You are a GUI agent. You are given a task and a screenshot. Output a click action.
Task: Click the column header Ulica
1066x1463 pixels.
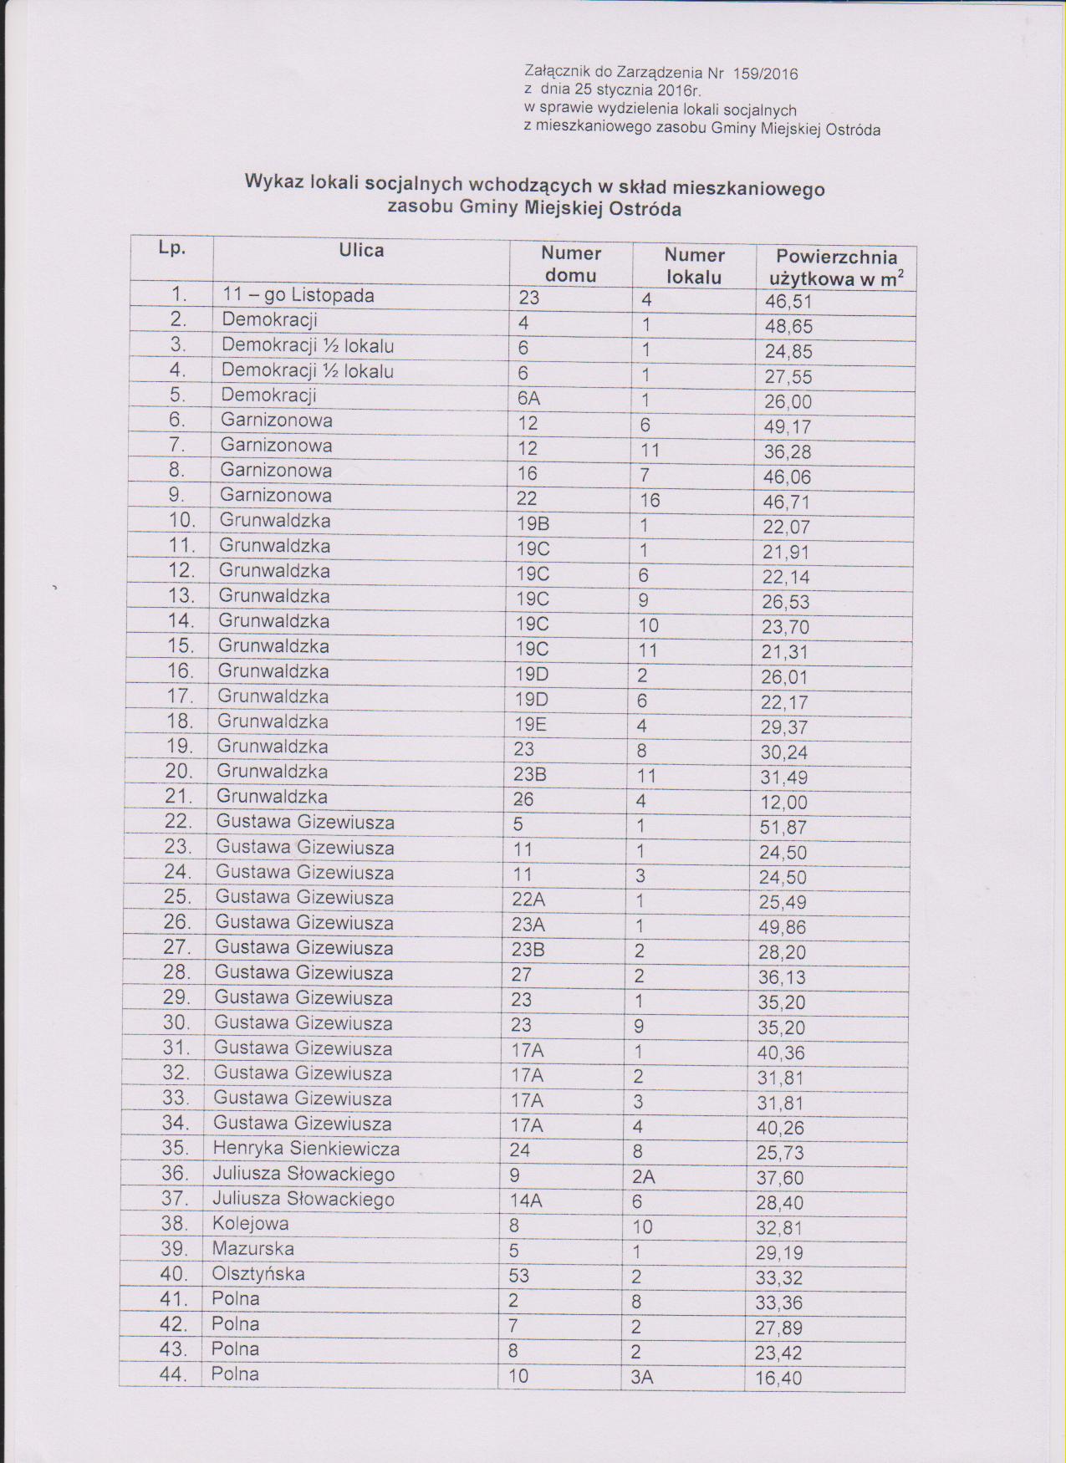click(x=361, y=250)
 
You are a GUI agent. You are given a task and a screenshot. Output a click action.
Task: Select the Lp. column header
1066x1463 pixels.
click(x=172, y=248)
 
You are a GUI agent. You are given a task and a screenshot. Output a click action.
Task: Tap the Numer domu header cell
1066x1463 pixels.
click(x=571, y=264)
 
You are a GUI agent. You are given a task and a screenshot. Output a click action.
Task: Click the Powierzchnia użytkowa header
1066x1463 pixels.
click(x=836, y=268)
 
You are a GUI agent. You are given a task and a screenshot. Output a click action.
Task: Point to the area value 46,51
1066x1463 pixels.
click(x=788, y=302)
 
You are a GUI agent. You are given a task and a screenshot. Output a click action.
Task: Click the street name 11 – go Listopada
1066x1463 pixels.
click(x=298, y=296)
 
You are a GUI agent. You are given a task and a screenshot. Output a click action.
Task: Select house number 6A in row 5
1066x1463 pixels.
click(x=529, y=399)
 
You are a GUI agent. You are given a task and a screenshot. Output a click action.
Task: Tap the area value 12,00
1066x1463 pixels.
click(x=783, y=803)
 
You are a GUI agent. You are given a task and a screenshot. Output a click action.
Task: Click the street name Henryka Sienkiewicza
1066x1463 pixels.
click(x=306, y=1149)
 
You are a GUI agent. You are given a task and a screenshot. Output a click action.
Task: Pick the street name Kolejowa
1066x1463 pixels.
click(x=250, y=1224)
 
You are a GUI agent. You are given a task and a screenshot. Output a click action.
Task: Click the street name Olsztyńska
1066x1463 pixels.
click(x=258, y=1274)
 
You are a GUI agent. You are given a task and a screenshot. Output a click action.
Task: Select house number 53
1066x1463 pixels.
click(x=519, y=1276)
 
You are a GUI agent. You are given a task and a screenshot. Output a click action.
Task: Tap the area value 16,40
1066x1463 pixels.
click(x=778, y=1378)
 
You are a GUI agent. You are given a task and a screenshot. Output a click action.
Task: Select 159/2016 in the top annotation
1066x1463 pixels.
click(x=765, y=74)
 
